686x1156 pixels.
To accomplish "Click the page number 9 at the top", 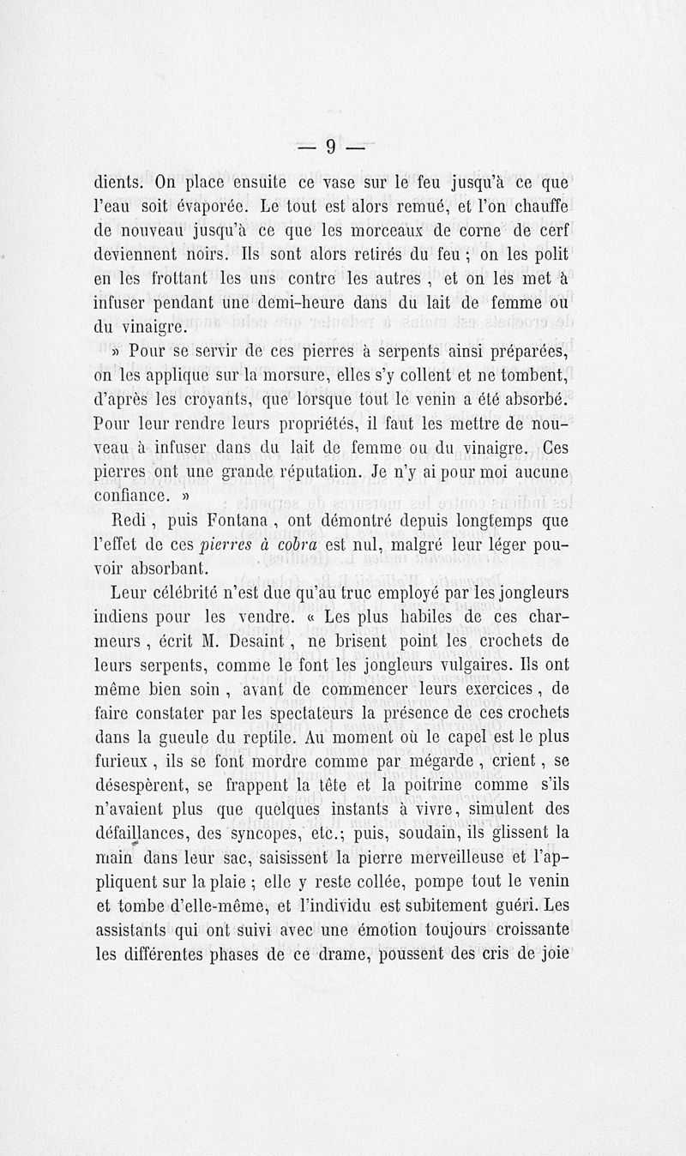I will pos(330,148).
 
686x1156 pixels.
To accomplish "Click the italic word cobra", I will pos(296,545).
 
